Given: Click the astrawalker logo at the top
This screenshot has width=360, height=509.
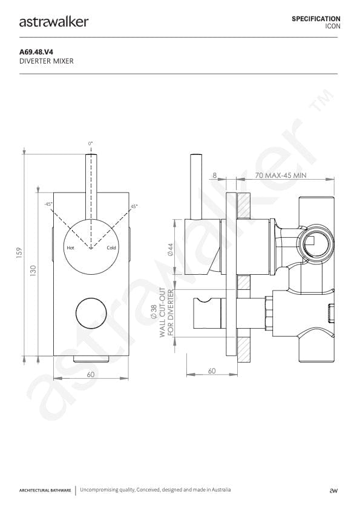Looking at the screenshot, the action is (54, 22).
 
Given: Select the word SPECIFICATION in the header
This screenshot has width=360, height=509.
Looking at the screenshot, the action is (316, 19).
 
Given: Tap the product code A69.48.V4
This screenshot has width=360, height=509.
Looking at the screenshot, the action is (36, 52).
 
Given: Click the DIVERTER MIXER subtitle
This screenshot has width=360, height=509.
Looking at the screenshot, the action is (47, 61).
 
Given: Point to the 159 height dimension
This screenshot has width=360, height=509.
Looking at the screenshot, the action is (19, 253).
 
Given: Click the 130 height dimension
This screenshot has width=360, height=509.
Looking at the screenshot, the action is (33, 271).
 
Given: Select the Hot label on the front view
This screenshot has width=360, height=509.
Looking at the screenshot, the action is (70, 248).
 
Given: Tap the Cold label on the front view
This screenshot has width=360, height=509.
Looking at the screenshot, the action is (111, 248).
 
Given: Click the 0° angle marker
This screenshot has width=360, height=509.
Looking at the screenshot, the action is (90, 143).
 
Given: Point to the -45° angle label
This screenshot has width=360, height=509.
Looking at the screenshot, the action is (48, 204).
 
